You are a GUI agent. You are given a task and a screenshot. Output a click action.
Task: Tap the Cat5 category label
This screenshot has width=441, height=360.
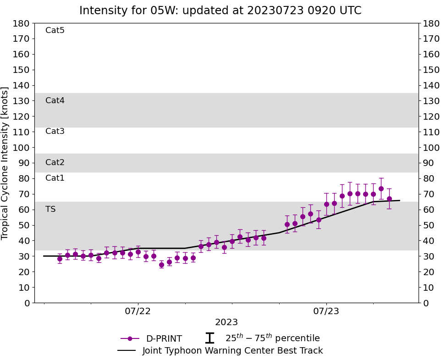[55, 31]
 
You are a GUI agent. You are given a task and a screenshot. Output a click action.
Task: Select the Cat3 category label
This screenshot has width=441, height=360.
[55, 132]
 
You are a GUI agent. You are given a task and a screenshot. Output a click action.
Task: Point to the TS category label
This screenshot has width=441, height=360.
[50, 210]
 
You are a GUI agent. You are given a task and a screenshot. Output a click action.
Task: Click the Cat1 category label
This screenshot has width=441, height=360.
[55, 178]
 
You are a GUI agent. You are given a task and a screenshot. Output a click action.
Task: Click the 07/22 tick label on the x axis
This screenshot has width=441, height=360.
[138, 312]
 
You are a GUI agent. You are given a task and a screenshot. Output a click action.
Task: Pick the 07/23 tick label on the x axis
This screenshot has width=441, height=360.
[326, 312]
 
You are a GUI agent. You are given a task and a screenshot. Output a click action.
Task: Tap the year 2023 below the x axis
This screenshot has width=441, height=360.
[226, 322]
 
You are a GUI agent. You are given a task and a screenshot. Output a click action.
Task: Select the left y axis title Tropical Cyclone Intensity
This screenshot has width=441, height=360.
[6, 163]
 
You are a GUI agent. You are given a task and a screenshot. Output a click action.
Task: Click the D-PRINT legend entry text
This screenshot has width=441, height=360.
[164, 339]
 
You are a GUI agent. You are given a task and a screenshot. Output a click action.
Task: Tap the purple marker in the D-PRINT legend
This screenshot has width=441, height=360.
[130, 339]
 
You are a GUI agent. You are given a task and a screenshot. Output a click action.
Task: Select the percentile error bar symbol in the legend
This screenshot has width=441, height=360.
[209, 338]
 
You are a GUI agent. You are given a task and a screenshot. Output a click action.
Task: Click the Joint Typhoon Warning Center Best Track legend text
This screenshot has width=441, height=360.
[232, 351]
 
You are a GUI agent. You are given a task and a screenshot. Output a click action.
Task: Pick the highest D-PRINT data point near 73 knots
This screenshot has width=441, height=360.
[381, 188]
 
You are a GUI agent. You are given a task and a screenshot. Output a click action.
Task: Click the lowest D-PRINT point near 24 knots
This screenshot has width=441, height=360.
[161, 265]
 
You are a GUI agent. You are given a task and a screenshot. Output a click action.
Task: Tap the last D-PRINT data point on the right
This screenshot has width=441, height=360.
[389, 199]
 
